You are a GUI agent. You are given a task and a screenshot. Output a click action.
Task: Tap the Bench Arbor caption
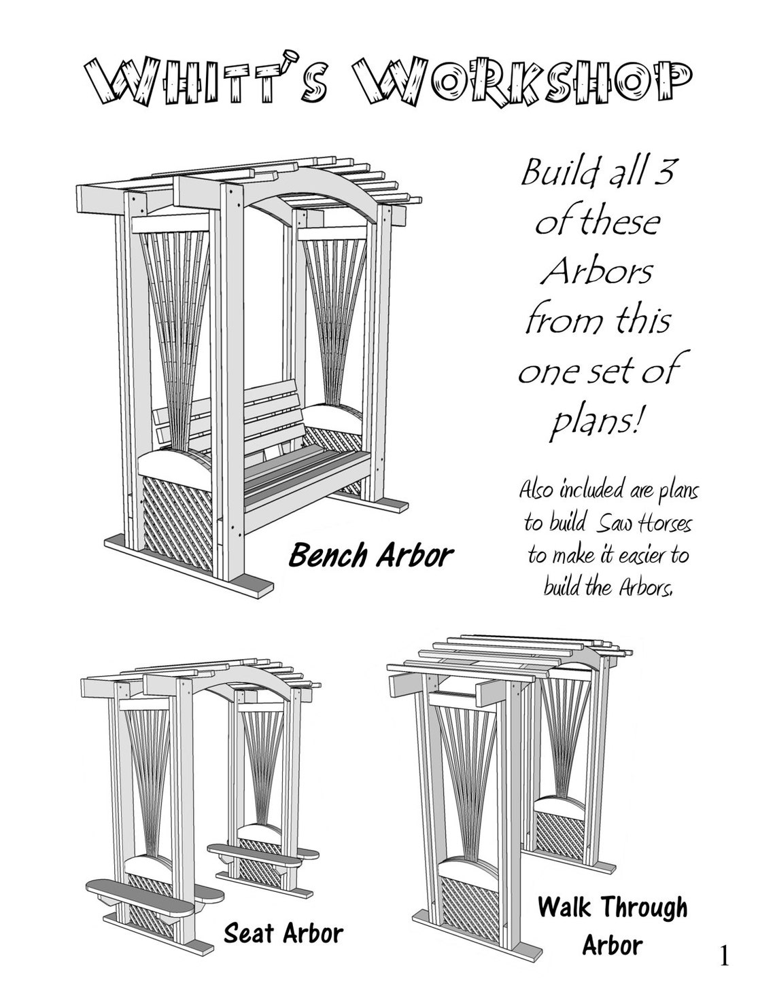[371, 555]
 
